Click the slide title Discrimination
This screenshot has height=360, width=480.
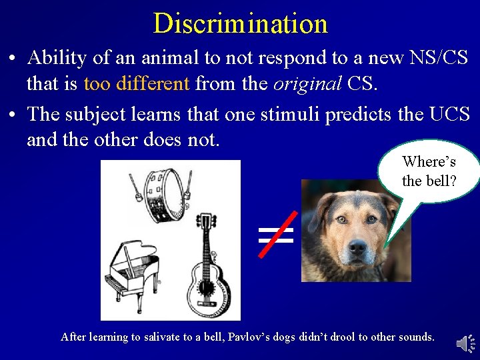240,23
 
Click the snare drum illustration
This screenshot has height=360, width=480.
159,194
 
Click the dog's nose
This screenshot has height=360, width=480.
357,246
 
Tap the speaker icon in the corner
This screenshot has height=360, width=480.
464,343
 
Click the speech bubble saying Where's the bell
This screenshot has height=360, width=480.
428,171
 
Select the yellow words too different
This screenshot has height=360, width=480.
137,85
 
